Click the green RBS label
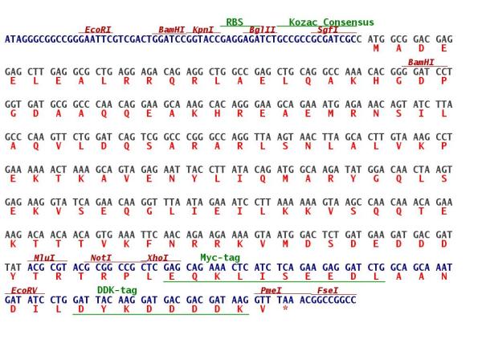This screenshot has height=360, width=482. coord(235,22)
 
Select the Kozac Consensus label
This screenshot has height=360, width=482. coord(331,22)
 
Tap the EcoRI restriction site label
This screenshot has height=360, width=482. coord(97,30)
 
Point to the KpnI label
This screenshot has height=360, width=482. coord(203,30)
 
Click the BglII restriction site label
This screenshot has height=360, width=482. coord(262,30)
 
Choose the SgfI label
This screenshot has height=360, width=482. coord(328,30)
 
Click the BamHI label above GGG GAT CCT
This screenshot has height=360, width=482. coord(421,63)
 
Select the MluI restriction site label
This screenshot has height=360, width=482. coord(44,258)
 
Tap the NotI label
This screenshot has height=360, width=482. coord(101,258)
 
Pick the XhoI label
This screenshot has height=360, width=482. coord(157,258)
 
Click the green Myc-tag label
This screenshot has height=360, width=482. coord(220,258)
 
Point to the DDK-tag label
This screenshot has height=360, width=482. coord(117,290)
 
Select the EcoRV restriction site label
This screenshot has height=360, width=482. coord(24,291)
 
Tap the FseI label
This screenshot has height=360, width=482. coord(328,291)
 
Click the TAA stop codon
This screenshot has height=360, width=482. coord(285,300)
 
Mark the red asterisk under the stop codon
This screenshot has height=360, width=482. coord(285,308)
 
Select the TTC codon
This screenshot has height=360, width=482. coord(149,235)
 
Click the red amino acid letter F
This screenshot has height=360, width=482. coord(149,244)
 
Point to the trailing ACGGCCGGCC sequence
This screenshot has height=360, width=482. coord(328,300)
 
